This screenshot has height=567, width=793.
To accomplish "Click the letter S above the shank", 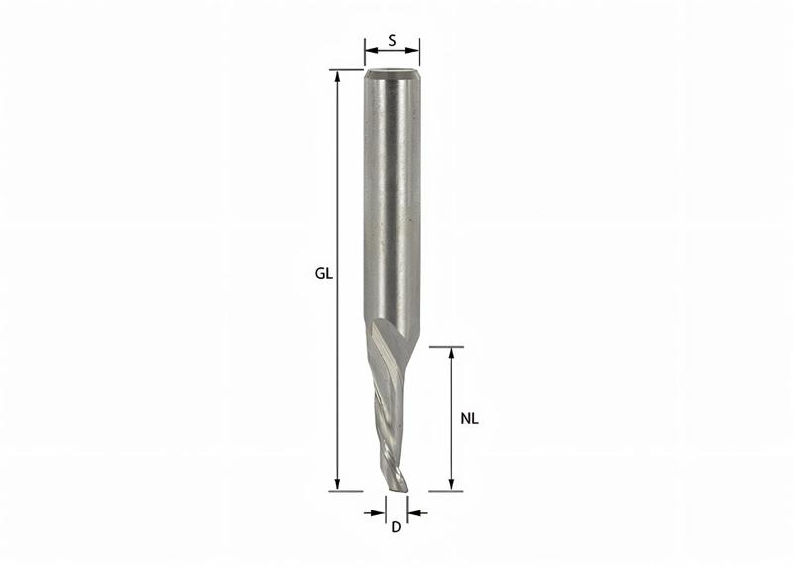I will (x=393, y=41).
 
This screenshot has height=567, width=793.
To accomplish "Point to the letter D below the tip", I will (x=396, y=527).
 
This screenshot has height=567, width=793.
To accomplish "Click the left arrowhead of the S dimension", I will (x=370, y=51).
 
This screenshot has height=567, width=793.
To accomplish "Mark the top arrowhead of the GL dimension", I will (x=338, y=76).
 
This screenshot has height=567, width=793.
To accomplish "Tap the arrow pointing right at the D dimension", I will (x=378, y=512).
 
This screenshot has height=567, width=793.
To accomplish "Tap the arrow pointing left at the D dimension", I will (x=413, y=512).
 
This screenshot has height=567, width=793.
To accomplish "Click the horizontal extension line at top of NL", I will (x=446, y=347).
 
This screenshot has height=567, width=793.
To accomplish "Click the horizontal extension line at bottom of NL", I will (x=446, y=490).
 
